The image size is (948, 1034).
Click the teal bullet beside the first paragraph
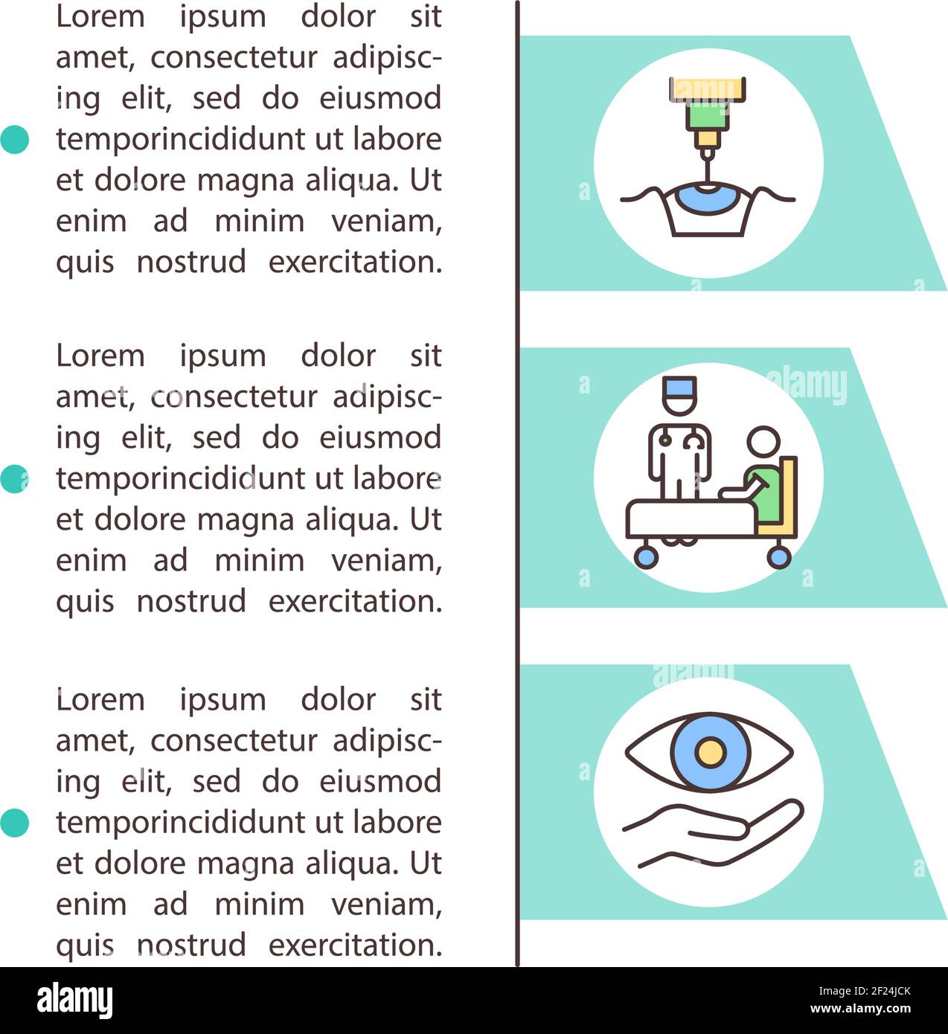[x=14, y=139]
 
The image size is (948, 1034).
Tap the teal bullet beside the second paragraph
[x=14, y=478]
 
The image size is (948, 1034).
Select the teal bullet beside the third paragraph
[x=14, y=823]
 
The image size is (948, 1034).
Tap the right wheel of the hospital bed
[x=778, y=556]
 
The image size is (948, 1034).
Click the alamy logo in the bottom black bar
[x=75, y=1001]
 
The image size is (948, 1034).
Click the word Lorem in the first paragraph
[x=100, y=17]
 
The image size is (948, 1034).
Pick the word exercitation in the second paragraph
[x=355, y=601]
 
